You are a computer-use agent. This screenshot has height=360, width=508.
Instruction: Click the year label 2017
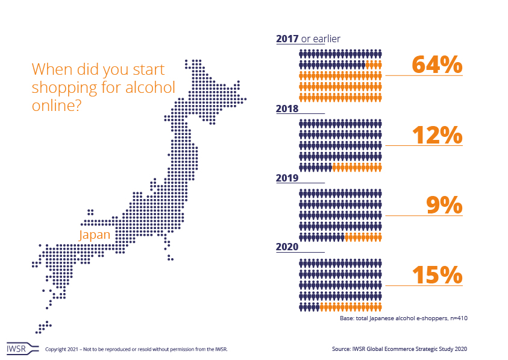click(x=287, y=39)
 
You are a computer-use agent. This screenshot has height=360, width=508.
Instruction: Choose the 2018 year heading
click(x=287, y=109)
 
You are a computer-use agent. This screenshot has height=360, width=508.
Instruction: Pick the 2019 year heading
click(x=287, y=178)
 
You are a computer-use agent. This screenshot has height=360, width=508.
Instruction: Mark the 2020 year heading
click(x=287, y=247)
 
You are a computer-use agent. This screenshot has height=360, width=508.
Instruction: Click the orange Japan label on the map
click(x=95, y=235)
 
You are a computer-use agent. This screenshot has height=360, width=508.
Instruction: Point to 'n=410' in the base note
click(x=456, y=317)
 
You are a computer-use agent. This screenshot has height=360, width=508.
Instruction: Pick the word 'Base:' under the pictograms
click(x=348, y=317)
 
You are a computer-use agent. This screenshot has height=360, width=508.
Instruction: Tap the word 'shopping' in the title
click(x=64, y=87)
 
